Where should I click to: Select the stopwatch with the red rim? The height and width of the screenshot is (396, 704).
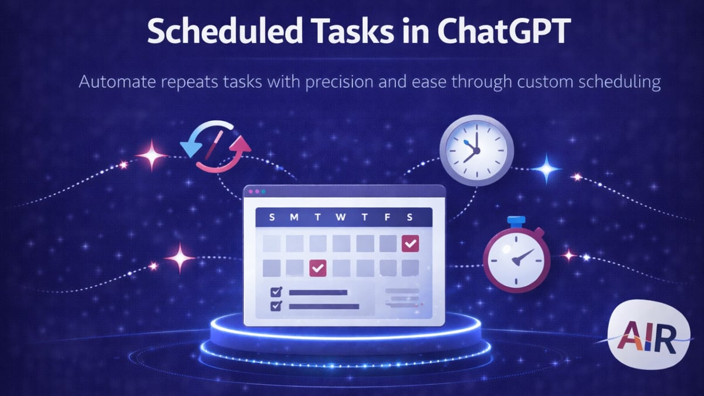tap(516, 258)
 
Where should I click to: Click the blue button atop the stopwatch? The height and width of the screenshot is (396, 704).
tap(516, 221)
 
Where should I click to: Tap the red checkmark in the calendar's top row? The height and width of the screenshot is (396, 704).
tap(409, 243)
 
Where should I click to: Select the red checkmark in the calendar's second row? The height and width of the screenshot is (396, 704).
tap(317, 268)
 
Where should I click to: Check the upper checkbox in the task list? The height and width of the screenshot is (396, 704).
tap(276, 292)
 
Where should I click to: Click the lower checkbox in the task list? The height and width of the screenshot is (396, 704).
tap(276, 306)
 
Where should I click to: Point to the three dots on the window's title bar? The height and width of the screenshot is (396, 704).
tap(258, 191)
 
